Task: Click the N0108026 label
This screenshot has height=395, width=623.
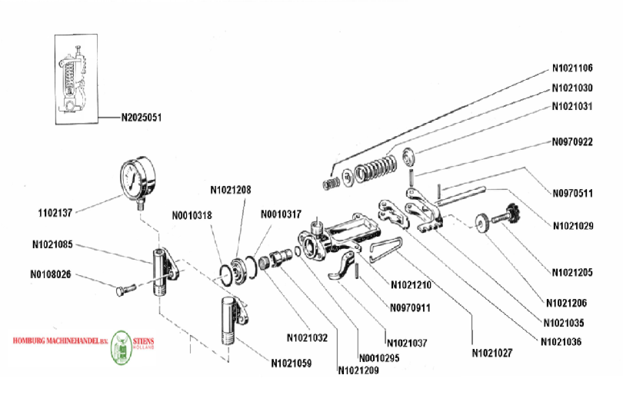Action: pos(52,274)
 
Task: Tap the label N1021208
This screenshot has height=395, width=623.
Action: pos(231,189)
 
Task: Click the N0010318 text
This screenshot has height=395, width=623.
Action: pos(192,216)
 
